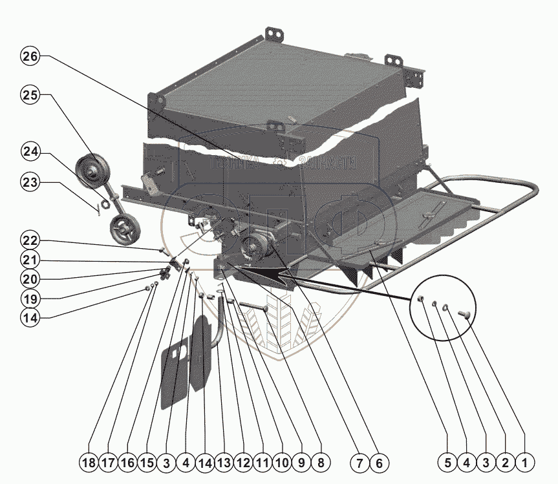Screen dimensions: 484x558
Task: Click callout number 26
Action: [30, 56]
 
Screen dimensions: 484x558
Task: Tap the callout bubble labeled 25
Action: [30, 95]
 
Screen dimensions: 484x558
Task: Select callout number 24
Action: [30, 153]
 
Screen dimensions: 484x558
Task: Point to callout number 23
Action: [30, 184]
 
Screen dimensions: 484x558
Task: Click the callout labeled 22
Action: [30, 240]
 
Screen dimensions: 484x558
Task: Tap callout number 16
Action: [127, 463]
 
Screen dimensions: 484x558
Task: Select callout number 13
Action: [223, 463]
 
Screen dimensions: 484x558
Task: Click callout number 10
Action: [281, 463]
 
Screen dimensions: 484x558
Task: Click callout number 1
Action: [524, 463]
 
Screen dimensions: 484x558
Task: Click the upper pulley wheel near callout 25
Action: [92, 171]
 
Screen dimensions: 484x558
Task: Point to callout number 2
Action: [505, 463]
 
